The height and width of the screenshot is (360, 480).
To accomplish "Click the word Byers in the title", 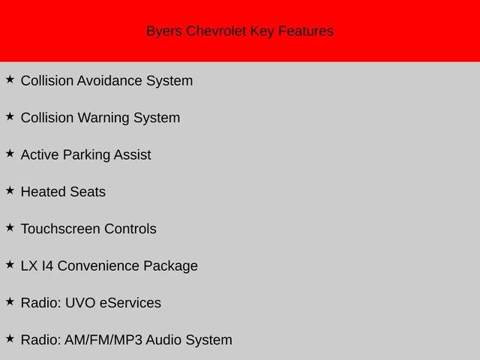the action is [x=164, y=31].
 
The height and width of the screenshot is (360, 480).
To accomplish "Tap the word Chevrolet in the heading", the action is [x=216, y=31].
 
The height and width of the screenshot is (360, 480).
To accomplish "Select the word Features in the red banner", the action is [x=306, y=31].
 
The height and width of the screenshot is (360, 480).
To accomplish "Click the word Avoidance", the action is [x=109, y=81].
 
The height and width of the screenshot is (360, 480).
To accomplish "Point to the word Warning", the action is [x=103, y=118].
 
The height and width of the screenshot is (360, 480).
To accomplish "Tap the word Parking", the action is [x=86, y=155].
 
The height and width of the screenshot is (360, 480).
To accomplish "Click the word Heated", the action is [x=43, y=192].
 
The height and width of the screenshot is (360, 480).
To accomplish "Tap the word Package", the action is [x=170, y=266].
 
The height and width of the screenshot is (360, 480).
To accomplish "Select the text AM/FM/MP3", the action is [x=103, y=340].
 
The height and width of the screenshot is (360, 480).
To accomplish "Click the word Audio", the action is [x=163, y=340].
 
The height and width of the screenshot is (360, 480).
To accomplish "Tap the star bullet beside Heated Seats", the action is [x=10, y=190].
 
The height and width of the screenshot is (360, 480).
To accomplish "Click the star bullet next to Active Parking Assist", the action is [x=10, y=153].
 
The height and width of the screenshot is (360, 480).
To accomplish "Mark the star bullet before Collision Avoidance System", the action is [x=10, y=79].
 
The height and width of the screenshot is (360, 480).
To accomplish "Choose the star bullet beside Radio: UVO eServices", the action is [x=10, y=301].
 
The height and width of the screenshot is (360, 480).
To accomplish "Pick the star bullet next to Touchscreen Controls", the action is [x=10, y=227].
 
